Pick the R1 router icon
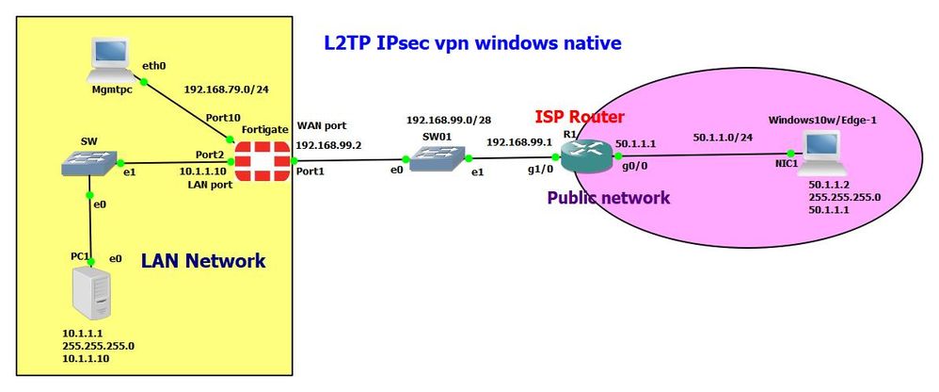click(582, 155)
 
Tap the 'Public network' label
click(608, 197)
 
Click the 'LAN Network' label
click(202, 261)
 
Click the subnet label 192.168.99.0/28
click(449, 122)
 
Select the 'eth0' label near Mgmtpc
click(153, 66)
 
